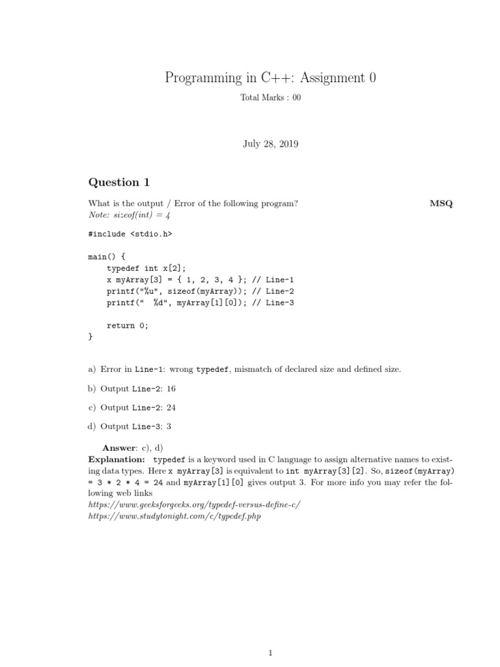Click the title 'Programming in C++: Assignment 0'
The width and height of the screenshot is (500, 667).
(270, 78)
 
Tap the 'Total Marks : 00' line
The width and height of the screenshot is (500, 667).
(270, 98)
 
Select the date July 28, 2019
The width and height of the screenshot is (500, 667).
(270, 144)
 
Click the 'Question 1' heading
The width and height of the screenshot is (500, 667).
(114, 182)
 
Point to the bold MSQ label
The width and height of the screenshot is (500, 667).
(441, 203)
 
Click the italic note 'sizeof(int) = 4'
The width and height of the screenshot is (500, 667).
(131, 214)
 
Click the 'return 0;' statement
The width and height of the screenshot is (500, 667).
(128, 326)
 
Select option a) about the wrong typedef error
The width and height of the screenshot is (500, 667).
(245, 369)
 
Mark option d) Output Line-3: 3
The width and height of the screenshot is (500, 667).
(130, 427)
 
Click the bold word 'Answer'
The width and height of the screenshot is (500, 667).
(119, 448)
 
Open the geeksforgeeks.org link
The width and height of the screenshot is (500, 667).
(194, 505)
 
